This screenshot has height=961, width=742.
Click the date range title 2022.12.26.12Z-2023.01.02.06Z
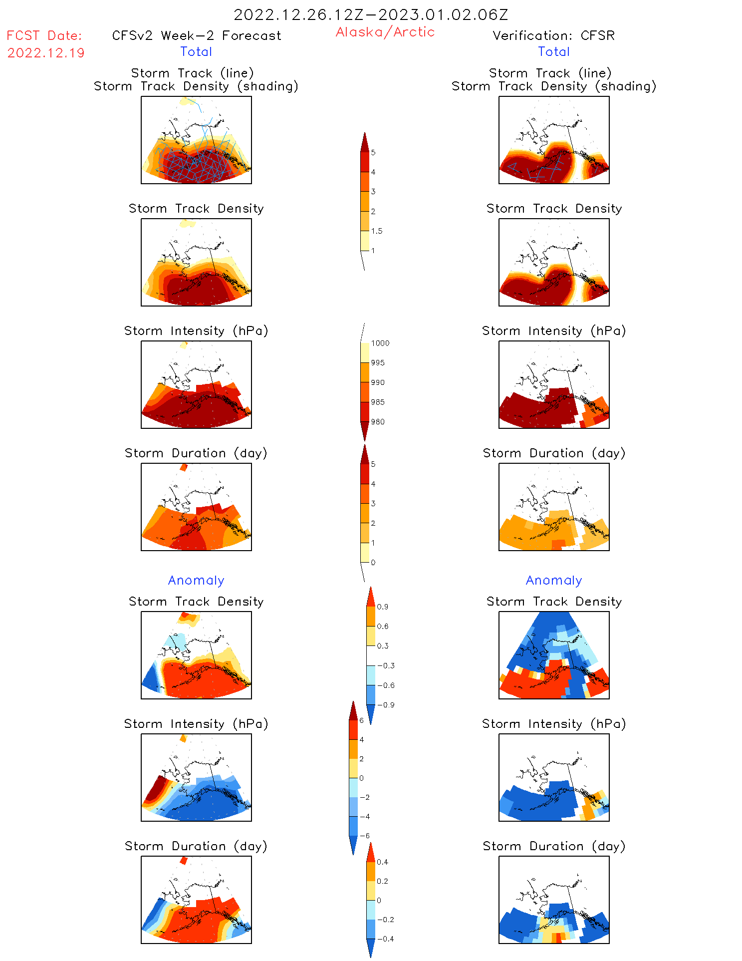371,15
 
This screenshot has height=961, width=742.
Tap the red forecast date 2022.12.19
46,53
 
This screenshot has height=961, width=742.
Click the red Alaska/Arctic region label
385,32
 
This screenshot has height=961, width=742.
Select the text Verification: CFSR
553,35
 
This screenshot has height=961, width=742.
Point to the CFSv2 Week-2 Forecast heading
197,35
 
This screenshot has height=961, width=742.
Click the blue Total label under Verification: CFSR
553,51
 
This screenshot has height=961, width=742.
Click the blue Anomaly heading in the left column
196,580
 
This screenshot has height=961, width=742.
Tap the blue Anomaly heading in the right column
554,580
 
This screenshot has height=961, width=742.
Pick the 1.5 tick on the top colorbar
377,231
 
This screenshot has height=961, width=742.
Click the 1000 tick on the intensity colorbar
380,343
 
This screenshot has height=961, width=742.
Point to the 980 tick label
378,422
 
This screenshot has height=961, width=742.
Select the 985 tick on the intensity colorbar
378,402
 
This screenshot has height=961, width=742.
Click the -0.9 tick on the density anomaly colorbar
386,705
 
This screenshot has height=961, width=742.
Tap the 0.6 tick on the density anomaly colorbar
383,627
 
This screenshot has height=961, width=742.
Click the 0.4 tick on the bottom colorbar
382,862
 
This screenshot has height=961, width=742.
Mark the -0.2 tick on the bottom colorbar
385,920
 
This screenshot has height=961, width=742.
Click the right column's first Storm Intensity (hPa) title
554,330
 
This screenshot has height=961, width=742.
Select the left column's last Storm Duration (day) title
196,846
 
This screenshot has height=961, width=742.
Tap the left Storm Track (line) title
193,73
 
